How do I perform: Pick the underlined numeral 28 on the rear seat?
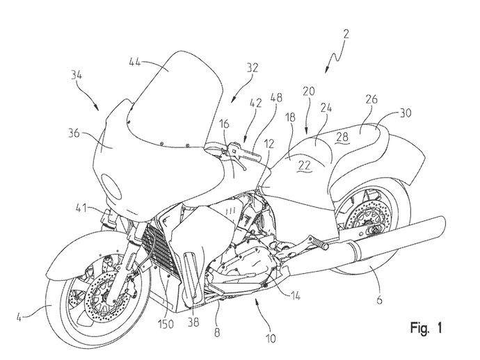[342, 137]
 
